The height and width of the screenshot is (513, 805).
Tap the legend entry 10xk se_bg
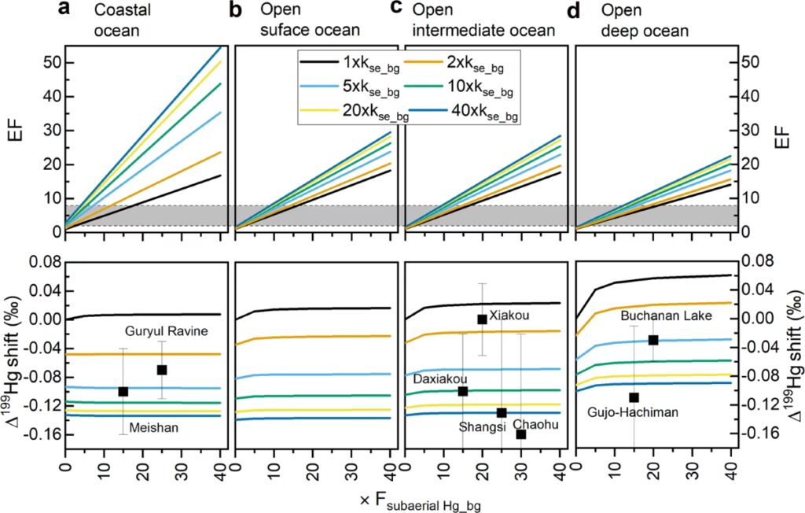click(x=480, y=88)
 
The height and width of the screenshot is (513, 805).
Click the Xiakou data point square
click(x=483, y=319)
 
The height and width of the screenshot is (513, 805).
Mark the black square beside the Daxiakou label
click(x=463, y=391)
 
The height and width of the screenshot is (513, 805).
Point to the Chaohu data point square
click(x=520, y=434)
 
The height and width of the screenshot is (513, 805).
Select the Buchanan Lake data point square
click(x=653, y=340)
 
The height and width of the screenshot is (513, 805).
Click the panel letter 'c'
click(x=396, y=10)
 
